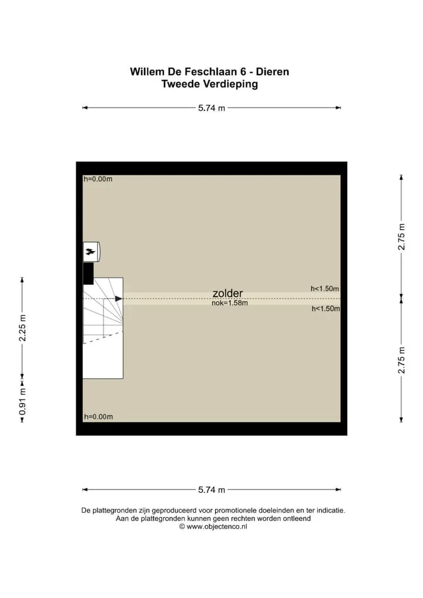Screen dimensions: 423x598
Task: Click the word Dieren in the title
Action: tap(273, 72)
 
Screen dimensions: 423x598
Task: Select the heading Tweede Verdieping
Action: tap(209, 84)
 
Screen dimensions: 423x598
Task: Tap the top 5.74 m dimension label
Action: tap(211, 108)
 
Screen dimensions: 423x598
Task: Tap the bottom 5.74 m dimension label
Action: tap(211, 490)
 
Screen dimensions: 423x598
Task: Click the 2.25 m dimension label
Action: tap(22, 328)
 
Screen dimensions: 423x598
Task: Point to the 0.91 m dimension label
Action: tap(22, 402)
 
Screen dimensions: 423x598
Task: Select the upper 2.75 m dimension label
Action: tap(401, 237)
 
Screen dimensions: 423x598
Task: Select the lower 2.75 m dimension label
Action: tap(401, 360)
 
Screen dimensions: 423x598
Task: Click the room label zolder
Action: tap(228, 293)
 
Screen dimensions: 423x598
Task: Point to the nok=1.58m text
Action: tap(230, 303)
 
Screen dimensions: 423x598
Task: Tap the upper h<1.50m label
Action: tap(324, 288)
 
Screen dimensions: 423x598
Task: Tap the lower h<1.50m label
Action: tap(325, 308)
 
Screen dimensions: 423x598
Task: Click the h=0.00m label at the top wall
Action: tap(98, 179)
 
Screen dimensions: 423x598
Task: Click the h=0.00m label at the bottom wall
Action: tap(99, 417)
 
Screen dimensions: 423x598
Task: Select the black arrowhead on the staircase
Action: tap(119, 298)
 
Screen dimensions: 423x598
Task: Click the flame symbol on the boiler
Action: tap(90, 251)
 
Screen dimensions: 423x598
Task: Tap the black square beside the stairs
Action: tap(88, 273)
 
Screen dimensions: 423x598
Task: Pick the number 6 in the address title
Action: tap(243, 72)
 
